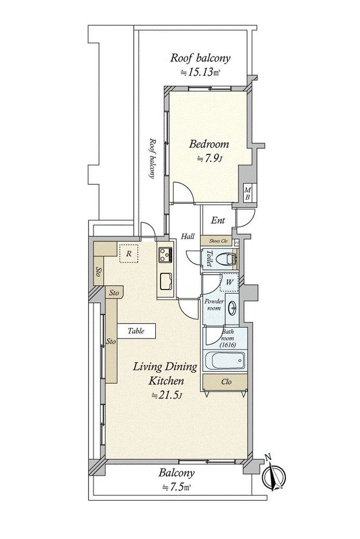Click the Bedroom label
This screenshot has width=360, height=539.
point(209,144)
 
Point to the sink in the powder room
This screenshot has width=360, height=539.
point(233,308)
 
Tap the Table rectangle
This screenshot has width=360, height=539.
point(136,331)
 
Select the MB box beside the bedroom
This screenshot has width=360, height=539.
point(247,193)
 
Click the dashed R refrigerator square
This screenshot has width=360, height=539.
point(128,254)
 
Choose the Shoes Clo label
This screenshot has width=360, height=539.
point(218,241)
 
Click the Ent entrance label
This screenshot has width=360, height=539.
point(218,221)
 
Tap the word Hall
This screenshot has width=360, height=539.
point(188,236)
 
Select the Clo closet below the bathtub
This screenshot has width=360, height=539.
point(225,382)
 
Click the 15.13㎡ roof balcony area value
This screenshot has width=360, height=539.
point(201,73)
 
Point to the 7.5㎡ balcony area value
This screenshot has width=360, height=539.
point(177,487)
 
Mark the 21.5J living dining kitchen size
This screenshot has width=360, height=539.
point(166,395)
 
